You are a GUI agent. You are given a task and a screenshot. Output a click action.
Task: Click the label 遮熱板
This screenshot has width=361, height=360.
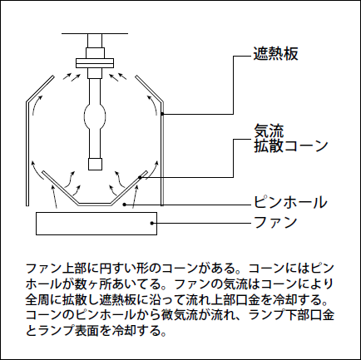point(276,54)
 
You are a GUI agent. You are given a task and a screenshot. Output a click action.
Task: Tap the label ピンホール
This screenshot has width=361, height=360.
point(290,202)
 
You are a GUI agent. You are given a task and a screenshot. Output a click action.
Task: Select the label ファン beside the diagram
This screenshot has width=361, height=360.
point(275,222)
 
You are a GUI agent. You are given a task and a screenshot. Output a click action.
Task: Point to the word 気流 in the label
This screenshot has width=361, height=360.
point(269,131)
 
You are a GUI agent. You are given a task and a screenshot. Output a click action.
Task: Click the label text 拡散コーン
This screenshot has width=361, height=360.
point(291,145)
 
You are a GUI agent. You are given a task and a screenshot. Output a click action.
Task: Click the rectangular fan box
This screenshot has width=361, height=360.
point(96,224)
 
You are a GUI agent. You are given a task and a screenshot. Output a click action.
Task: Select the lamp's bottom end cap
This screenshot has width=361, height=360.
point(95,164)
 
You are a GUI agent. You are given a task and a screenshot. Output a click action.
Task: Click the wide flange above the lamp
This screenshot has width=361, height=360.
point(95,63)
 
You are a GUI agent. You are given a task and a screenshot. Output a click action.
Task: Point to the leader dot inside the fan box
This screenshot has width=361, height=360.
point(151,223)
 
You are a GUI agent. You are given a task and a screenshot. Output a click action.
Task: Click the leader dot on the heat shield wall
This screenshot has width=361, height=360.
point(162,114)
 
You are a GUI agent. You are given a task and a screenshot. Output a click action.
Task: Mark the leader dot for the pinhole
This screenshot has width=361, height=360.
point(125,205)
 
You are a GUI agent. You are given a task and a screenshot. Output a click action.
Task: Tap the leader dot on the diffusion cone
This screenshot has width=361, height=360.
point(141,177)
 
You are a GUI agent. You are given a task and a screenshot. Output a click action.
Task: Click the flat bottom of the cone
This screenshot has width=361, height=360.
point(95,205)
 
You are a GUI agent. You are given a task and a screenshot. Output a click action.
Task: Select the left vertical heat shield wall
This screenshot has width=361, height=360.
point(27,154)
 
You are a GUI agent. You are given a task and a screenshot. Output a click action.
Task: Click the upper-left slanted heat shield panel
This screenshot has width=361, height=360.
point(41,89)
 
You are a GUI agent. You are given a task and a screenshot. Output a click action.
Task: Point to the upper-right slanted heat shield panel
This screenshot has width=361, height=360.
point(149,89)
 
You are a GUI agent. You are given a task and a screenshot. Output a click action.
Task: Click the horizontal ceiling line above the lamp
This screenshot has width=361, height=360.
point(95,33)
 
